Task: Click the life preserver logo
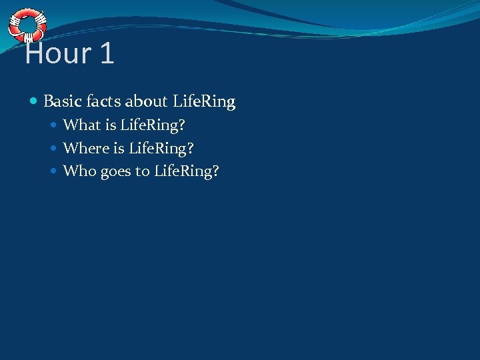tap(27, 25)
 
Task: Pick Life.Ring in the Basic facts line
tap(204, 101)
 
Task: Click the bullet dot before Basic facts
tap(34, 102)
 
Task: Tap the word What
tap(81, 125)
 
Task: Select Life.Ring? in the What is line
tap(153, 125)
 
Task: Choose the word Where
tap(85, 148)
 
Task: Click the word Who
tap(79, 171)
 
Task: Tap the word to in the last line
tap(143, 171)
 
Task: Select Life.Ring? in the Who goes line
tap(187, 171)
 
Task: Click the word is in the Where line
tap(119, 148)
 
